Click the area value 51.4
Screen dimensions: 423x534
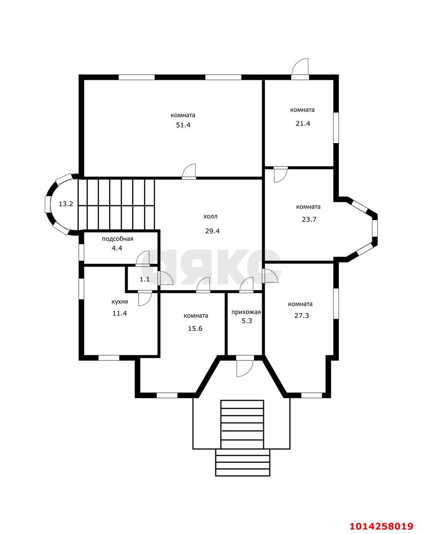pyautogui.click(x=183, y=125)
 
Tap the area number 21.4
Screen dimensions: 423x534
pyautogui.click(x=303, y=123)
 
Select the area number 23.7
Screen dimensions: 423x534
pyautogui.click(x=309, y=219)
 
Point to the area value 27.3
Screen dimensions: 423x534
pyautogui.click(x=302, y=316)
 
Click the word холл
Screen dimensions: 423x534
pyautogui.click(x=210, y=217)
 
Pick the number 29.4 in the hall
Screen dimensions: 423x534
pyautogui.click(x=212, y=231)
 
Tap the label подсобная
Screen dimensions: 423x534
pyautogui.click(x=118, y=239)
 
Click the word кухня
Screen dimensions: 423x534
pyautogui.click(x=120, y=302)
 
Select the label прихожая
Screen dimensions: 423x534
pyautogui.click(x=246, y=312)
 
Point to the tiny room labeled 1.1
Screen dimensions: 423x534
pyautogui.click(x=145, y=279)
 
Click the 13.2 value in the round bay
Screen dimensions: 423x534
pyautogui.click(x=66, y=204)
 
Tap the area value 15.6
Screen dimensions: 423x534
pyautogui.click(x=195, y=329)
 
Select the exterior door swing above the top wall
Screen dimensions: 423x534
pyautogui.click(x=300, y=69)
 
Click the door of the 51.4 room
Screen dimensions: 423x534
pyautogui.click(x=189, y=171)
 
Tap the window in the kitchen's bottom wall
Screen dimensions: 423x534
pyautogui.click(x=109, y=358)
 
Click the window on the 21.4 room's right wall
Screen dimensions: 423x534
pyautogui.click(x=336, y=128)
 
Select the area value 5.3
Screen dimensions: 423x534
pyautogui.click(x=247, y=321)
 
